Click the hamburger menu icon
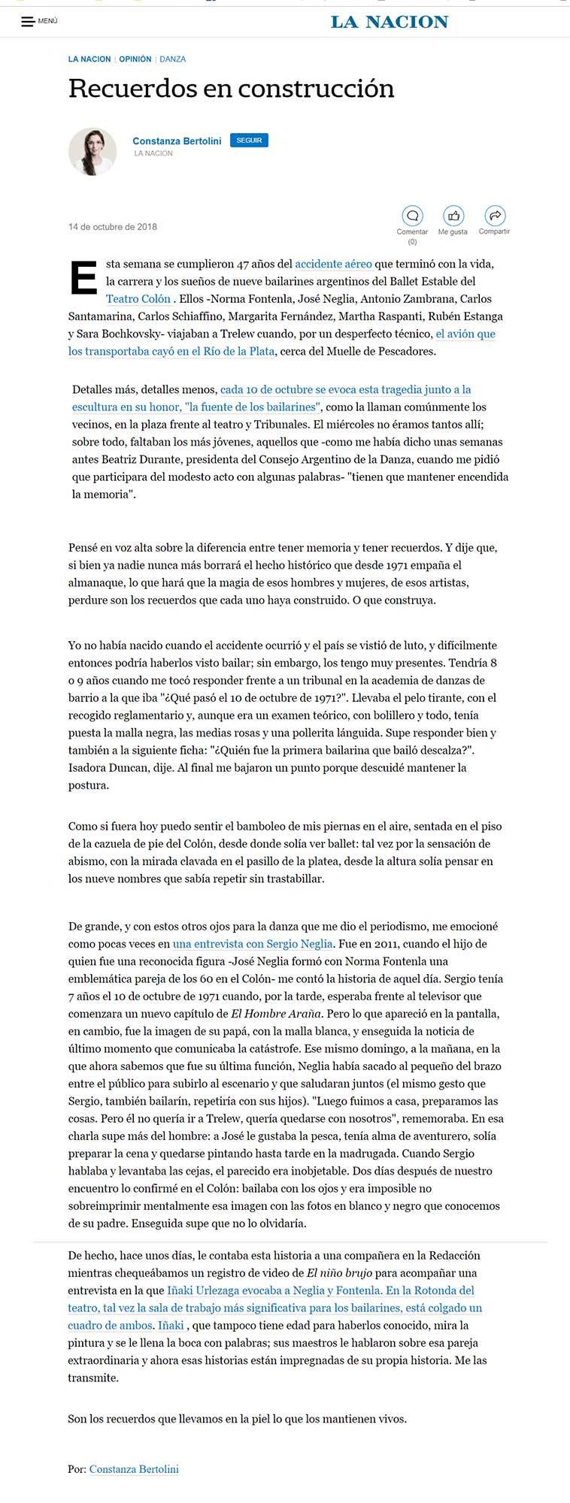point(28,21)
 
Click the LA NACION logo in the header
point(390,22)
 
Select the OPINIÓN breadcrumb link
point(135,59)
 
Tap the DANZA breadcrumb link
point(173,59)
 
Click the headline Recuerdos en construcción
point(231,89)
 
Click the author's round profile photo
point(92,151)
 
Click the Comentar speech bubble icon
point(412,216)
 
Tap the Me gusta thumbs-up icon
point(453,216)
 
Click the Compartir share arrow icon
point(495,216)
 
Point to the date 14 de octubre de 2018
point(113,227)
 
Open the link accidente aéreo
point(333,264)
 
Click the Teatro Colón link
point(138,298)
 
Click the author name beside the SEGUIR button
point(177,141)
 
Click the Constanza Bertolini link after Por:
point(134,1468)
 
